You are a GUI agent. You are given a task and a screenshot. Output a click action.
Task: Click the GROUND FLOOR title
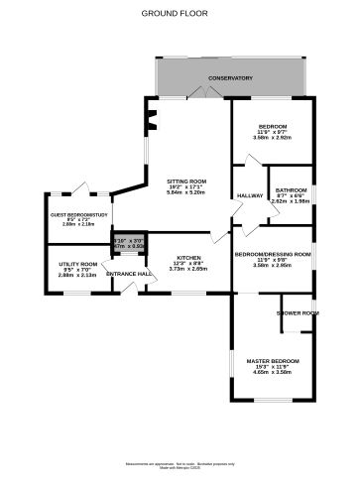180,14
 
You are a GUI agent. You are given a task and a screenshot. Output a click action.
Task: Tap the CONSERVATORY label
229,78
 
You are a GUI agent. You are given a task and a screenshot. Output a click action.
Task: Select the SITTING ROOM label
186,181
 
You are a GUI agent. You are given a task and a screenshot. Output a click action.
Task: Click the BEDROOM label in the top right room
272,126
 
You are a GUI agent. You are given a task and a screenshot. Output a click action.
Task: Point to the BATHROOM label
291,189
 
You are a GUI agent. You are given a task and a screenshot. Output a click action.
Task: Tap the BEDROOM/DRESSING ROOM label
273,254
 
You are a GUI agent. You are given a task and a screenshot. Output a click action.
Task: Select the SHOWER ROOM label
298,313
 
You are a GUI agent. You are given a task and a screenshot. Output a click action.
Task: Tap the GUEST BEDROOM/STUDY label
78,213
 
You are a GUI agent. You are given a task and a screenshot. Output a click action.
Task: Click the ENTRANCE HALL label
130,274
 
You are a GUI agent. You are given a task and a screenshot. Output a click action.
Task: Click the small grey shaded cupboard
125,243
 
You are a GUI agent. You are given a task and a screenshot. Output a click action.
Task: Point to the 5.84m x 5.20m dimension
186,192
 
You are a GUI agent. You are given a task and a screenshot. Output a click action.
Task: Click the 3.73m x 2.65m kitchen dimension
188,268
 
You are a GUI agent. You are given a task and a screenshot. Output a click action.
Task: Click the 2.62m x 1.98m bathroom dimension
291,201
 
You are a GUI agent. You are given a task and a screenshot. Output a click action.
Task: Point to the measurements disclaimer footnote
180,466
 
